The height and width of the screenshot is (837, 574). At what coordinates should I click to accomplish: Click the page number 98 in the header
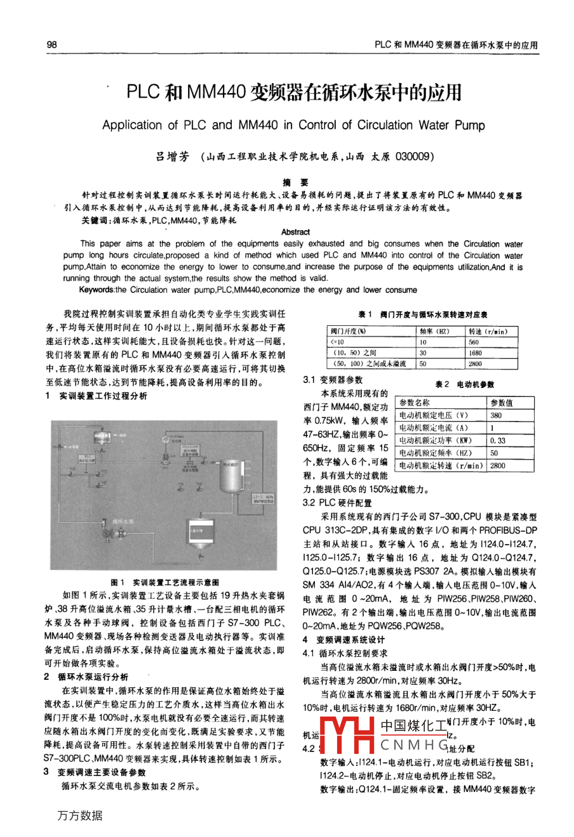52,45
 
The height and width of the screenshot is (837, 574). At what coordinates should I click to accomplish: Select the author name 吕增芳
173,156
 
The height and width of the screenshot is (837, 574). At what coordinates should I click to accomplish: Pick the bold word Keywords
97,290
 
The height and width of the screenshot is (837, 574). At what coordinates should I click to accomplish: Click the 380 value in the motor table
496,415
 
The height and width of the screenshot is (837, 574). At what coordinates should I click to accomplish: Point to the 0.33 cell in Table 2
498,441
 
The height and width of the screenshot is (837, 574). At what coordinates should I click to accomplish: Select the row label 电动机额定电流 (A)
434,428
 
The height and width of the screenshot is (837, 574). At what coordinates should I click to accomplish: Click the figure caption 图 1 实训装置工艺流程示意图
164,581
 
